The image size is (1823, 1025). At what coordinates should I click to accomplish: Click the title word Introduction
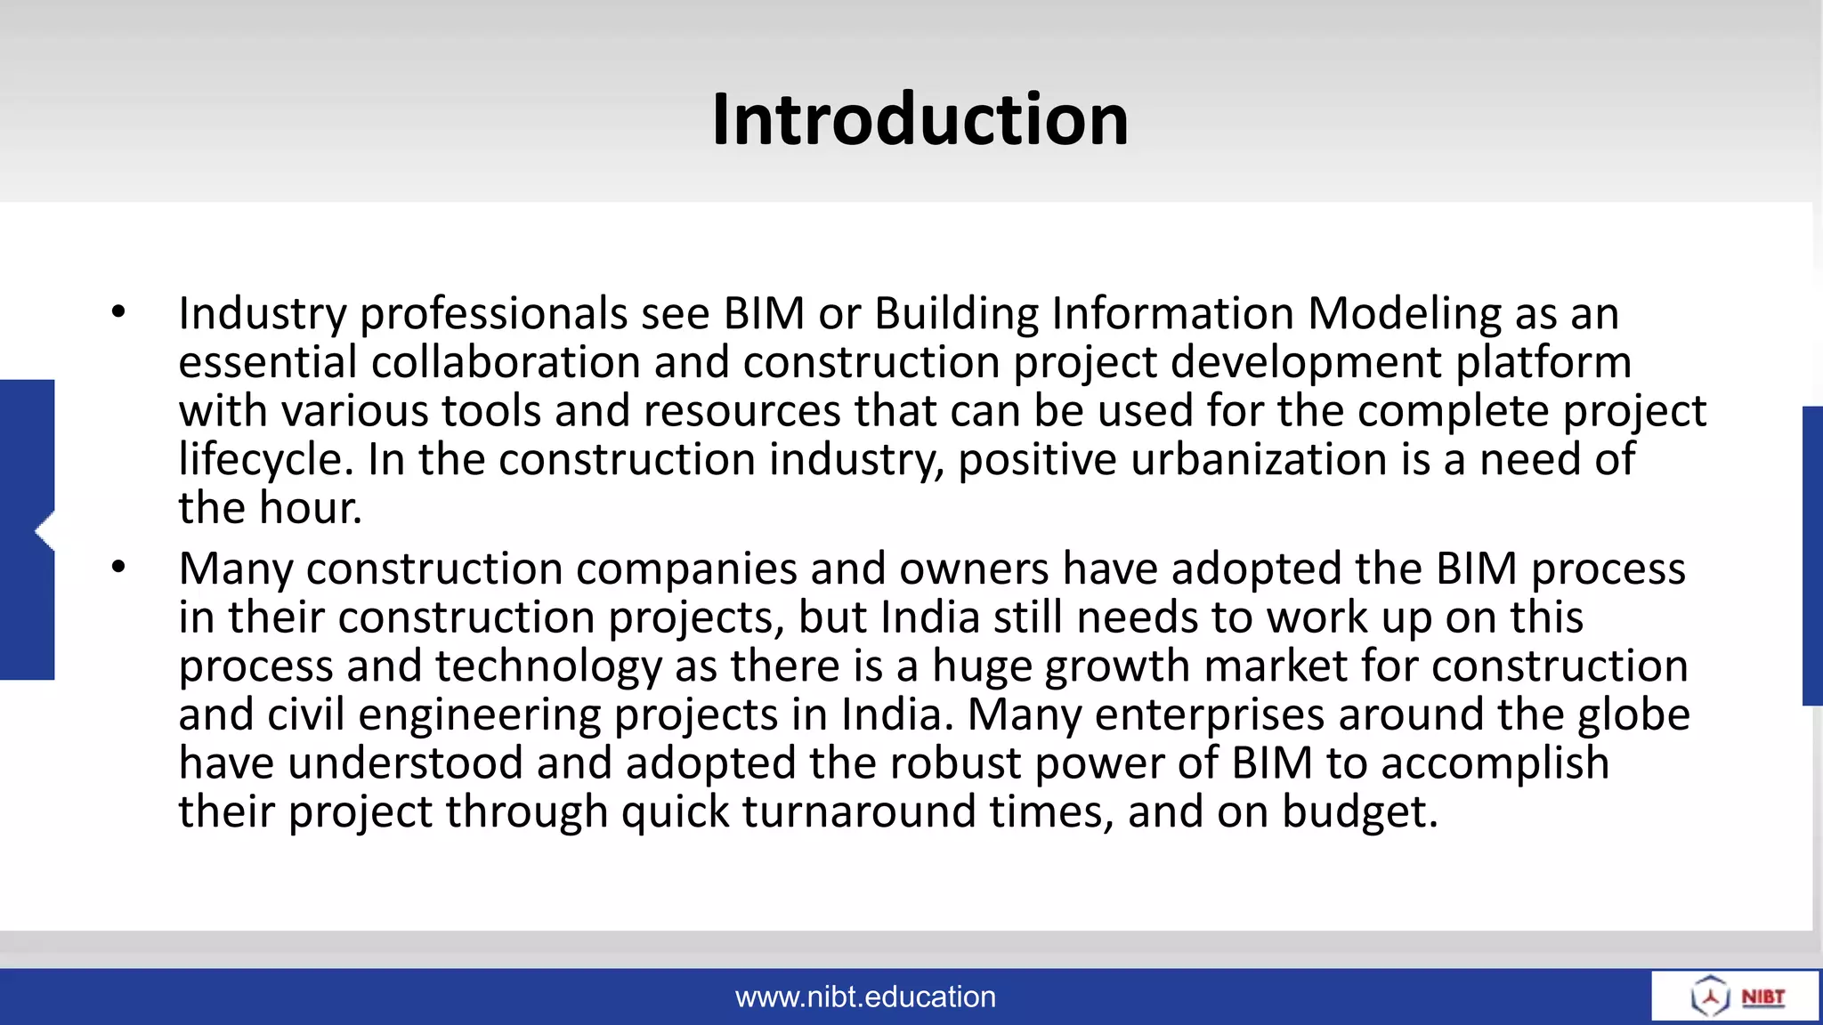click(x=920, y=119)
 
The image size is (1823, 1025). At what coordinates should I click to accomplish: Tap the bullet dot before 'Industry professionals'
click(x=118, y=312)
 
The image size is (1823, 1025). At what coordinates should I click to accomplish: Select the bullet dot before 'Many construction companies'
click(x=118, y=567)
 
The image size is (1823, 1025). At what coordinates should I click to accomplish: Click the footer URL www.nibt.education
click(x=865, y=997)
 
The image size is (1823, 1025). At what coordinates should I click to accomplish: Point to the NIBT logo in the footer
click(x=1736, y=996)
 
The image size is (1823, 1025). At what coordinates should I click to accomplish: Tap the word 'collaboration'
click(x=506, y=362)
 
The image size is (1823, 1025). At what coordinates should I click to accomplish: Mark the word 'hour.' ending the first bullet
click(x=311, y=508)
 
